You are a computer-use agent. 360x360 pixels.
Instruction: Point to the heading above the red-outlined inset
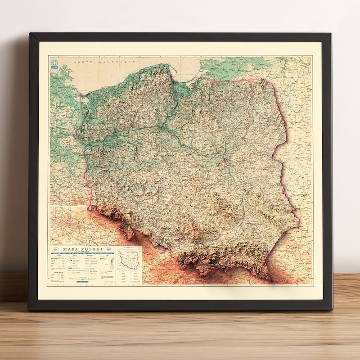pyautogui.click(x=129, y=248)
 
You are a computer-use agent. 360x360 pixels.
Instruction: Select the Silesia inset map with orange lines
pyautogui.click(x=68, y=223)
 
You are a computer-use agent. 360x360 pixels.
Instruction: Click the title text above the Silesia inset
pyautogui.click(x=68, y=207)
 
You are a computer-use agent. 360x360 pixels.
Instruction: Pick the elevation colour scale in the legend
pyautogui.click(x=111, y=266)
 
